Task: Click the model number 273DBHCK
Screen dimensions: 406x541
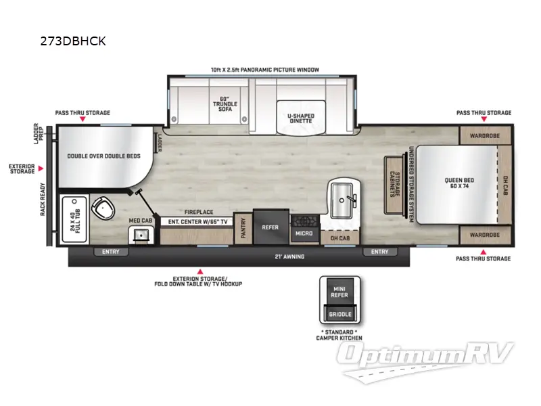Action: (73, 41)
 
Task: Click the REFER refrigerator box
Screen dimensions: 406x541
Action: (270, 227)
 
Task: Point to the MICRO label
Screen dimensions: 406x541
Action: (303, 233)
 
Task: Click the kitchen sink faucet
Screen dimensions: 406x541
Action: (351, 198)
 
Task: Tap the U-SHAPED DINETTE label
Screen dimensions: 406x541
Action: (300, 118)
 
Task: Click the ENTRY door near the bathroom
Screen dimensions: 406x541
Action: (110, 252)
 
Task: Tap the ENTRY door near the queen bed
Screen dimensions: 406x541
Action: (380, 252)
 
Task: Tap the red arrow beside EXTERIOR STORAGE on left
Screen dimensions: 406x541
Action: (41, 168)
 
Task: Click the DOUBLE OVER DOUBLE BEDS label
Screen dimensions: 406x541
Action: (103, 156)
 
